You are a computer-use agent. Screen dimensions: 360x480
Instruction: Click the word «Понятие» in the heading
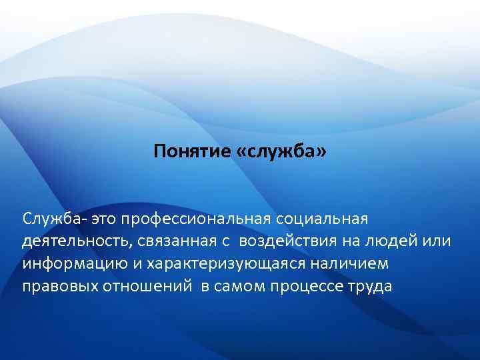pos(191,153)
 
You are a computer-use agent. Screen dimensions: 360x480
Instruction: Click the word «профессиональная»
pos(188,218)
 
